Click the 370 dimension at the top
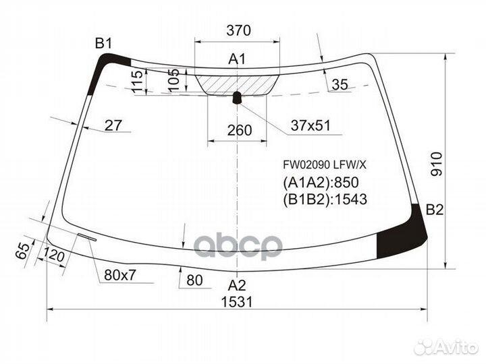[x=238, y=30]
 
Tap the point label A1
[x=236, y=59]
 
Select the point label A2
[x=236, y=284]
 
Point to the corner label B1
[x=103, y=44]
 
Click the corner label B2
[x=434, y=210]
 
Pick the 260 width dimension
[x=239, y=130]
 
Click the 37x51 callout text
[x=310, y=125]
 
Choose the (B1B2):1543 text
[x=324, y=200]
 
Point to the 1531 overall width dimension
[x=236, y=302]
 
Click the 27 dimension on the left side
[x=113, y=125]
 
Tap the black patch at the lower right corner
[x=401, y=238]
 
